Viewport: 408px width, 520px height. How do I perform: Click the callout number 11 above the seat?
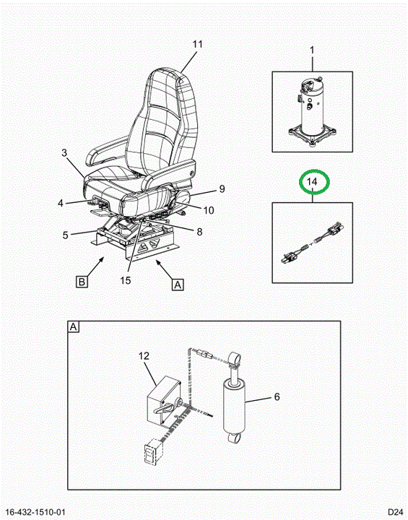[x=198, y=44]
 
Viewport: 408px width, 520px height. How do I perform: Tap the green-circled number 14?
[x=312, y=182]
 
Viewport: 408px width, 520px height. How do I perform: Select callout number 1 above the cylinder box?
[x=312, y=50]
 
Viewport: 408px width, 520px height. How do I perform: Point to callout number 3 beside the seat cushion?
[x=64, y=152]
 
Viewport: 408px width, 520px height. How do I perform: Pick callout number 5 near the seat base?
[x=65, y=235]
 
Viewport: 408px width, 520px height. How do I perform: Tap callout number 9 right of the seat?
[x=222, y=188]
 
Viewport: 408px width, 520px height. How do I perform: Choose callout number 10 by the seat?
[x=209, y=210]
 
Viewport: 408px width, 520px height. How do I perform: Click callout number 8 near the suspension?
[x=199, y=232]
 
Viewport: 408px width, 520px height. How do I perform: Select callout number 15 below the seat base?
[x=126, y=280]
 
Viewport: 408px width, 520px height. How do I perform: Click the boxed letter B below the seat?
[x=82, y=282]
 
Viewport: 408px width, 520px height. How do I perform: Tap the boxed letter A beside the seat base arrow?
[x=178, y=285]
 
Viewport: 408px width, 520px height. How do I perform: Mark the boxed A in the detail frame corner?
[x=74, y=327]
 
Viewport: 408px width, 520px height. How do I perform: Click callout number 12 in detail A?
[x=144, y=356]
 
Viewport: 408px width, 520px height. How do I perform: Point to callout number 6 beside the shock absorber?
[x=277, y=396]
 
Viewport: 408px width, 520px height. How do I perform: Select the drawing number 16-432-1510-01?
[x=36, y=512]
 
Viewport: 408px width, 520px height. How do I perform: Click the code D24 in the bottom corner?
[x=396, y=512]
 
